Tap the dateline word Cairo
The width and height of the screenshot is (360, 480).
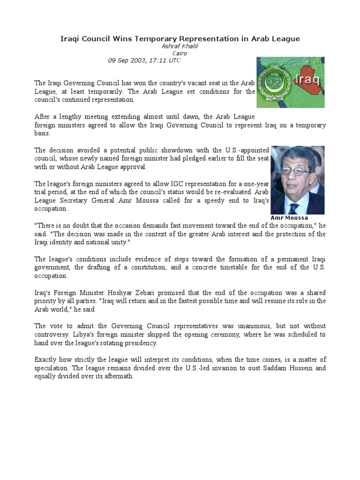[180, 53]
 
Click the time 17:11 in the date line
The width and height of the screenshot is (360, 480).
[157, 60]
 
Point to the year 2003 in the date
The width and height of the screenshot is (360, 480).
[136, 60]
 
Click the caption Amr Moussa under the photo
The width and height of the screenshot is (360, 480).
[289, 218]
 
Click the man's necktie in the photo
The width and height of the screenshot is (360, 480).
[294, 208]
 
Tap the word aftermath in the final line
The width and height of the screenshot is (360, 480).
[119, 376]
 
